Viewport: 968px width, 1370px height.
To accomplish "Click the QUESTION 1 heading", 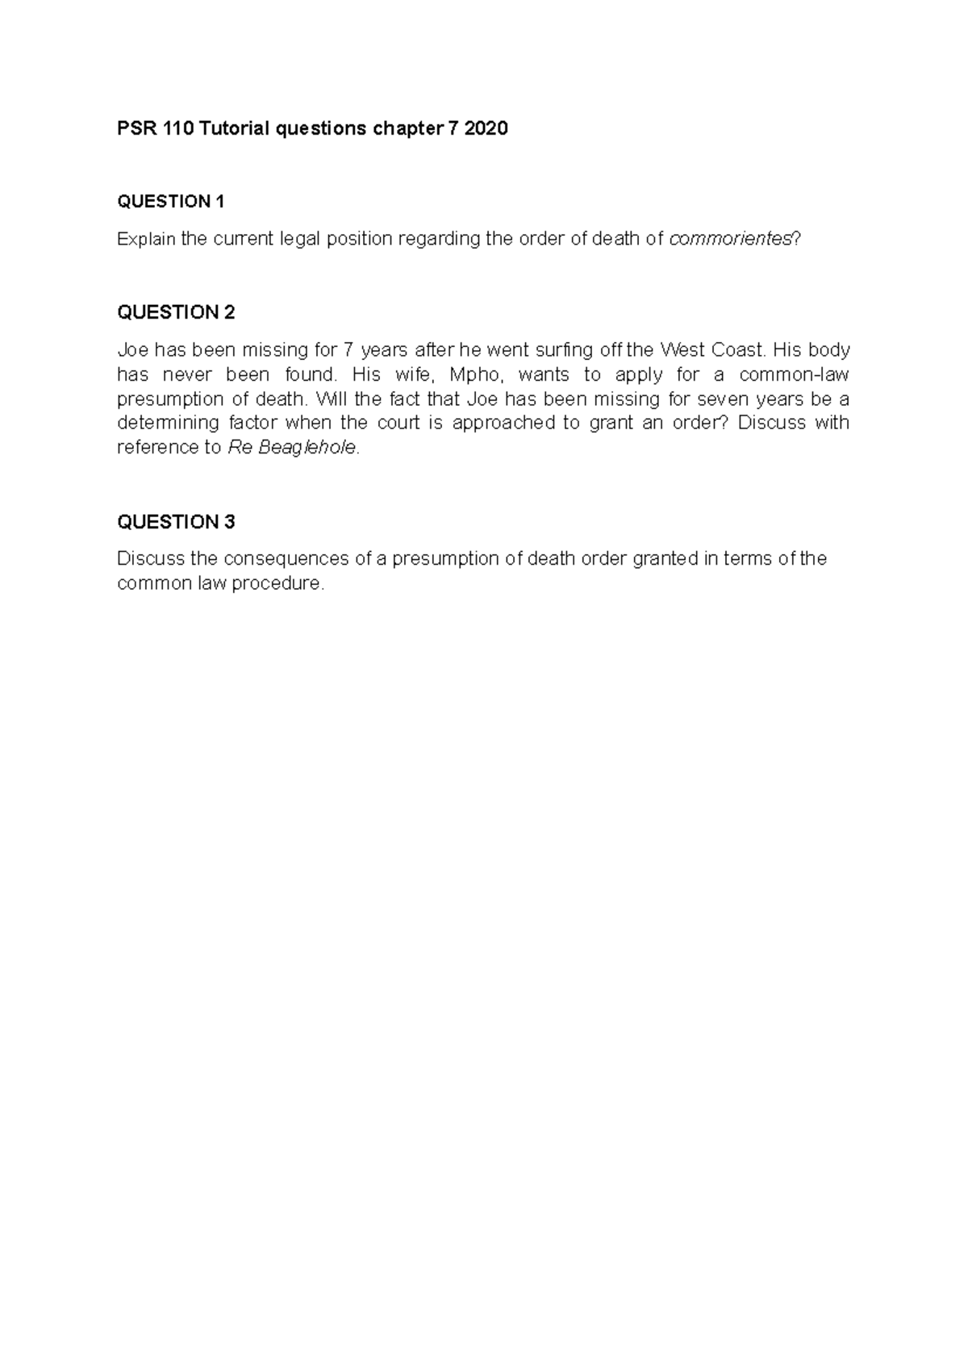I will click(171, 202).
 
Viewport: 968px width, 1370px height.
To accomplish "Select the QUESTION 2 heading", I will click(176, 312).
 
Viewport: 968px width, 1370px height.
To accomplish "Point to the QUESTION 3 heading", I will click(176, 522).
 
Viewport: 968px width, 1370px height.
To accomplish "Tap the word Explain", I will click(146, 239).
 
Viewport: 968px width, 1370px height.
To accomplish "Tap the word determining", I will click(168, 423).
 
